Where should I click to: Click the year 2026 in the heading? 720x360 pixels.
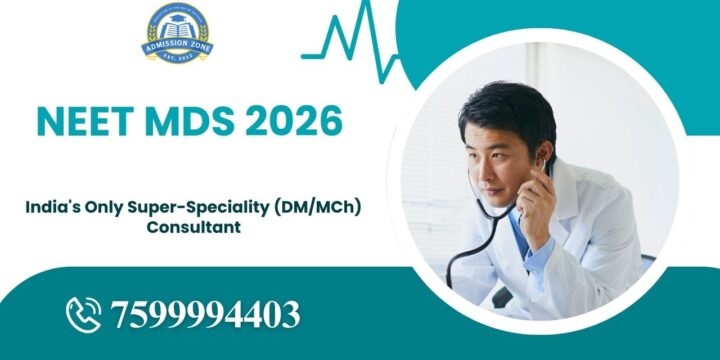pos(294,121)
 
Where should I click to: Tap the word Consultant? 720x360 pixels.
pos(194,227)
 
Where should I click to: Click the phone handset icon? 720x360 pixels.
pos(84,314)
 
